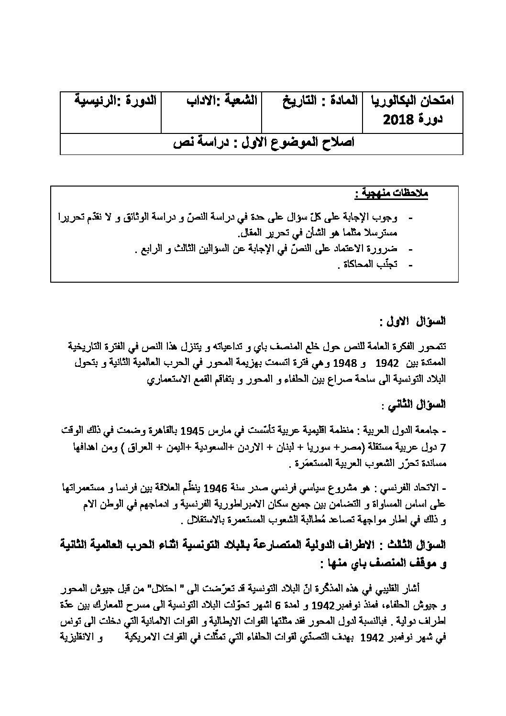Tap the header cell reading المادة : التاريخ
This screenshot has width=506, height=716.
click(317, 101)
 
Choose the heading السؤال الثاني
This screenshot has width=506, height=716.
click(415, 405)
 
